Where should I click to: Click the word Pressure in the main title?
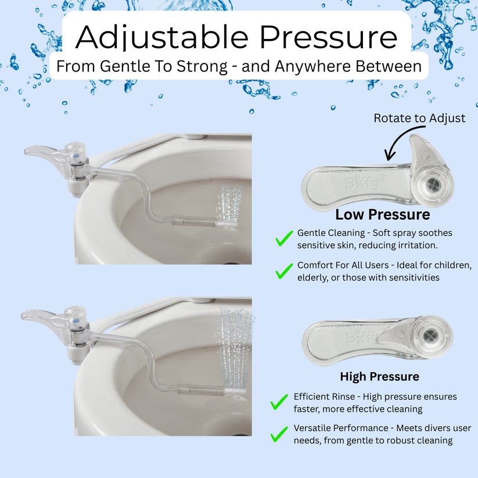pyautogui.click(x=328, y=37)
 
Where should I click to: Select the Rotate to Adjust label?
pyautogui.click(x=419, y=118)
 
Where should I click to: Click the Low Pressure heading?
pyautogui.click(x=383, y=214)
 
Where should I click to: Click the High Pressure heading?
pyautogui.click(x=379, y=376)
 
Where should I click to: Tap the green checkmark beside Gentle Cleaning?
pyautogui.click(x=283, y=238)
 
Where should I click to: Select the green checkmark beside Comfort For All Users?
pyautogui.click(x=283, y=271)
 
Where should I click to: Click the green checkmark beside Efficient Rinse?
pyautogui.click(x=280, y=401)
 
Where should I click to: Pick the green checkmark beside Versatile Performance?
pyautogui.click(x=280, y=433)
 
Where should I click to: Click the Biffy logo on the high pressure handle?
pyautogui.click(x=358, y=337)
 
